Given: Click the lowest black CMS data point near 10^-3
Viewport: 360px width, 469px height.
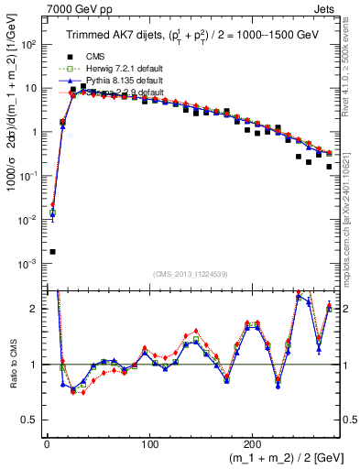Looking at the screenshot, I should (52, 251).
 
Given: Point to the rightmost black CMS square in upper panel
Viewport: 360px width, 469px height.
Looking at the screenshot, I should (329, 167).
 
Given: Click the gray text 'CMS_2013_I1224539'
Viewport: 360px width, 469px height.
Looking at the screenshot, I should (191, 273).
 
